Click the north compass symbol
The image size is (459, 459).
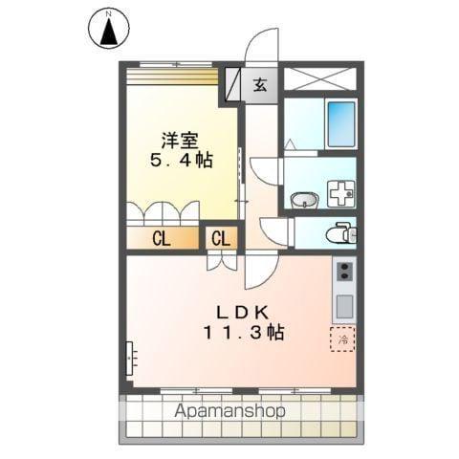pyautogui.click(x=109, y=29)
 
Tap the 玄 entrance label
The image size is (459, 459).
pyautogui.click(x=259, y=83)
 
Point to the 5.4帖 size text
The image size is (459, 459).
pyautogui.click(x=180, y=160)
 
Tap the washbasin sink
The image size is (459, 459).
pyautogui.click(x=305, y=200)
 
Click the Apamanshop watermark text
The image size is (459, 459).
pyautogui.click(x=229, y=412)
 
